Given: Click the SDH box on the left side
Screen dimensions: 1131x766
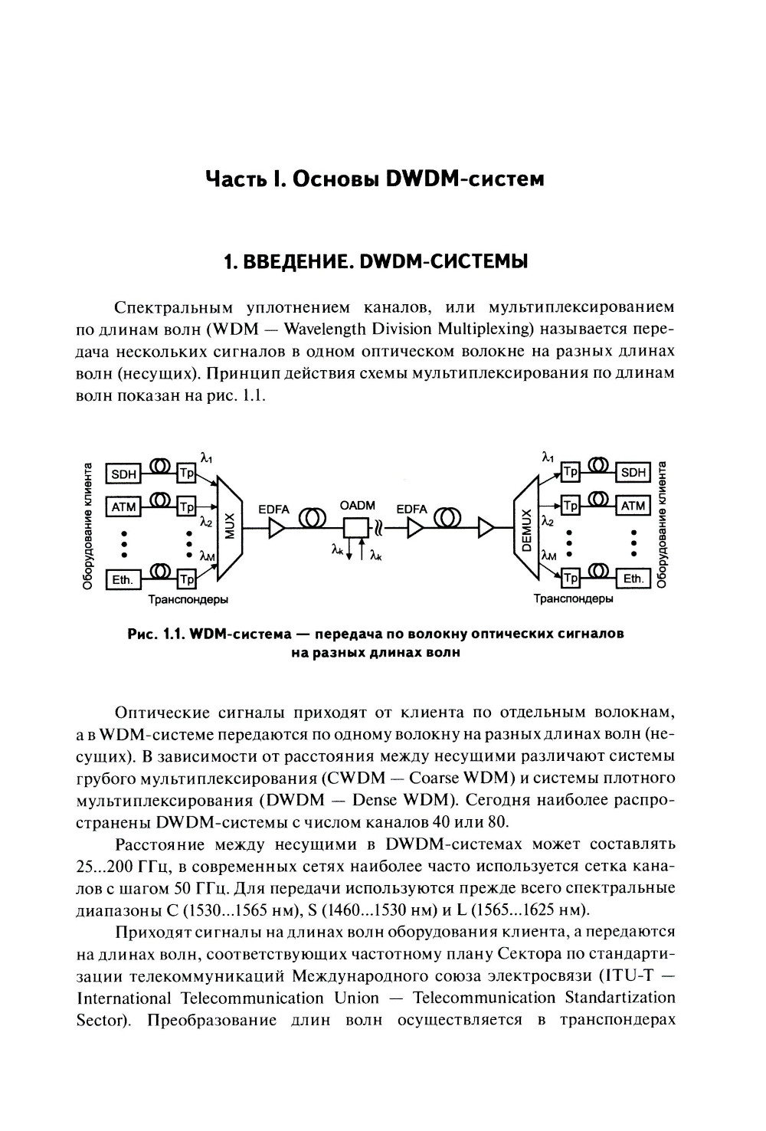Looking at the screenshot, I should point(123,474).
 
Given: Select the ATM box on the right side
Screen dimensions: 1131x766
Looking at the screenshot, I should point(633,506).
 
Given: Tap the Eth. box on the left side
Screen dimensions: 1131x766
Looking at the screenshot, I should point(123,579).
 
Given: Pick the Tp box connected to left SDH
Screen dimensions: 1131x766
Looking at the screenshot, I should point(187,474).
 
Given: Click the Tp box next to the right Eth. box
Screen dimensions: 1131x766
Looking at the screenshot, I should point(571,578).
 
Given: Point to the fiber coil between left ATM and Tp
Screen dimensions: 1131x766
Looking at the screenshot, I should point(161,500).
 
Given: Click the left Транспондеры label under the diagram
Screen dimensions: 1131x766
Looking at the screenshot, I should point(188,598).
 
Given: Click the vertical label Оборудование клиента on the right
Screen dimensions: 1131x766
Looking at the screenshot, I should point(663,524).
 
